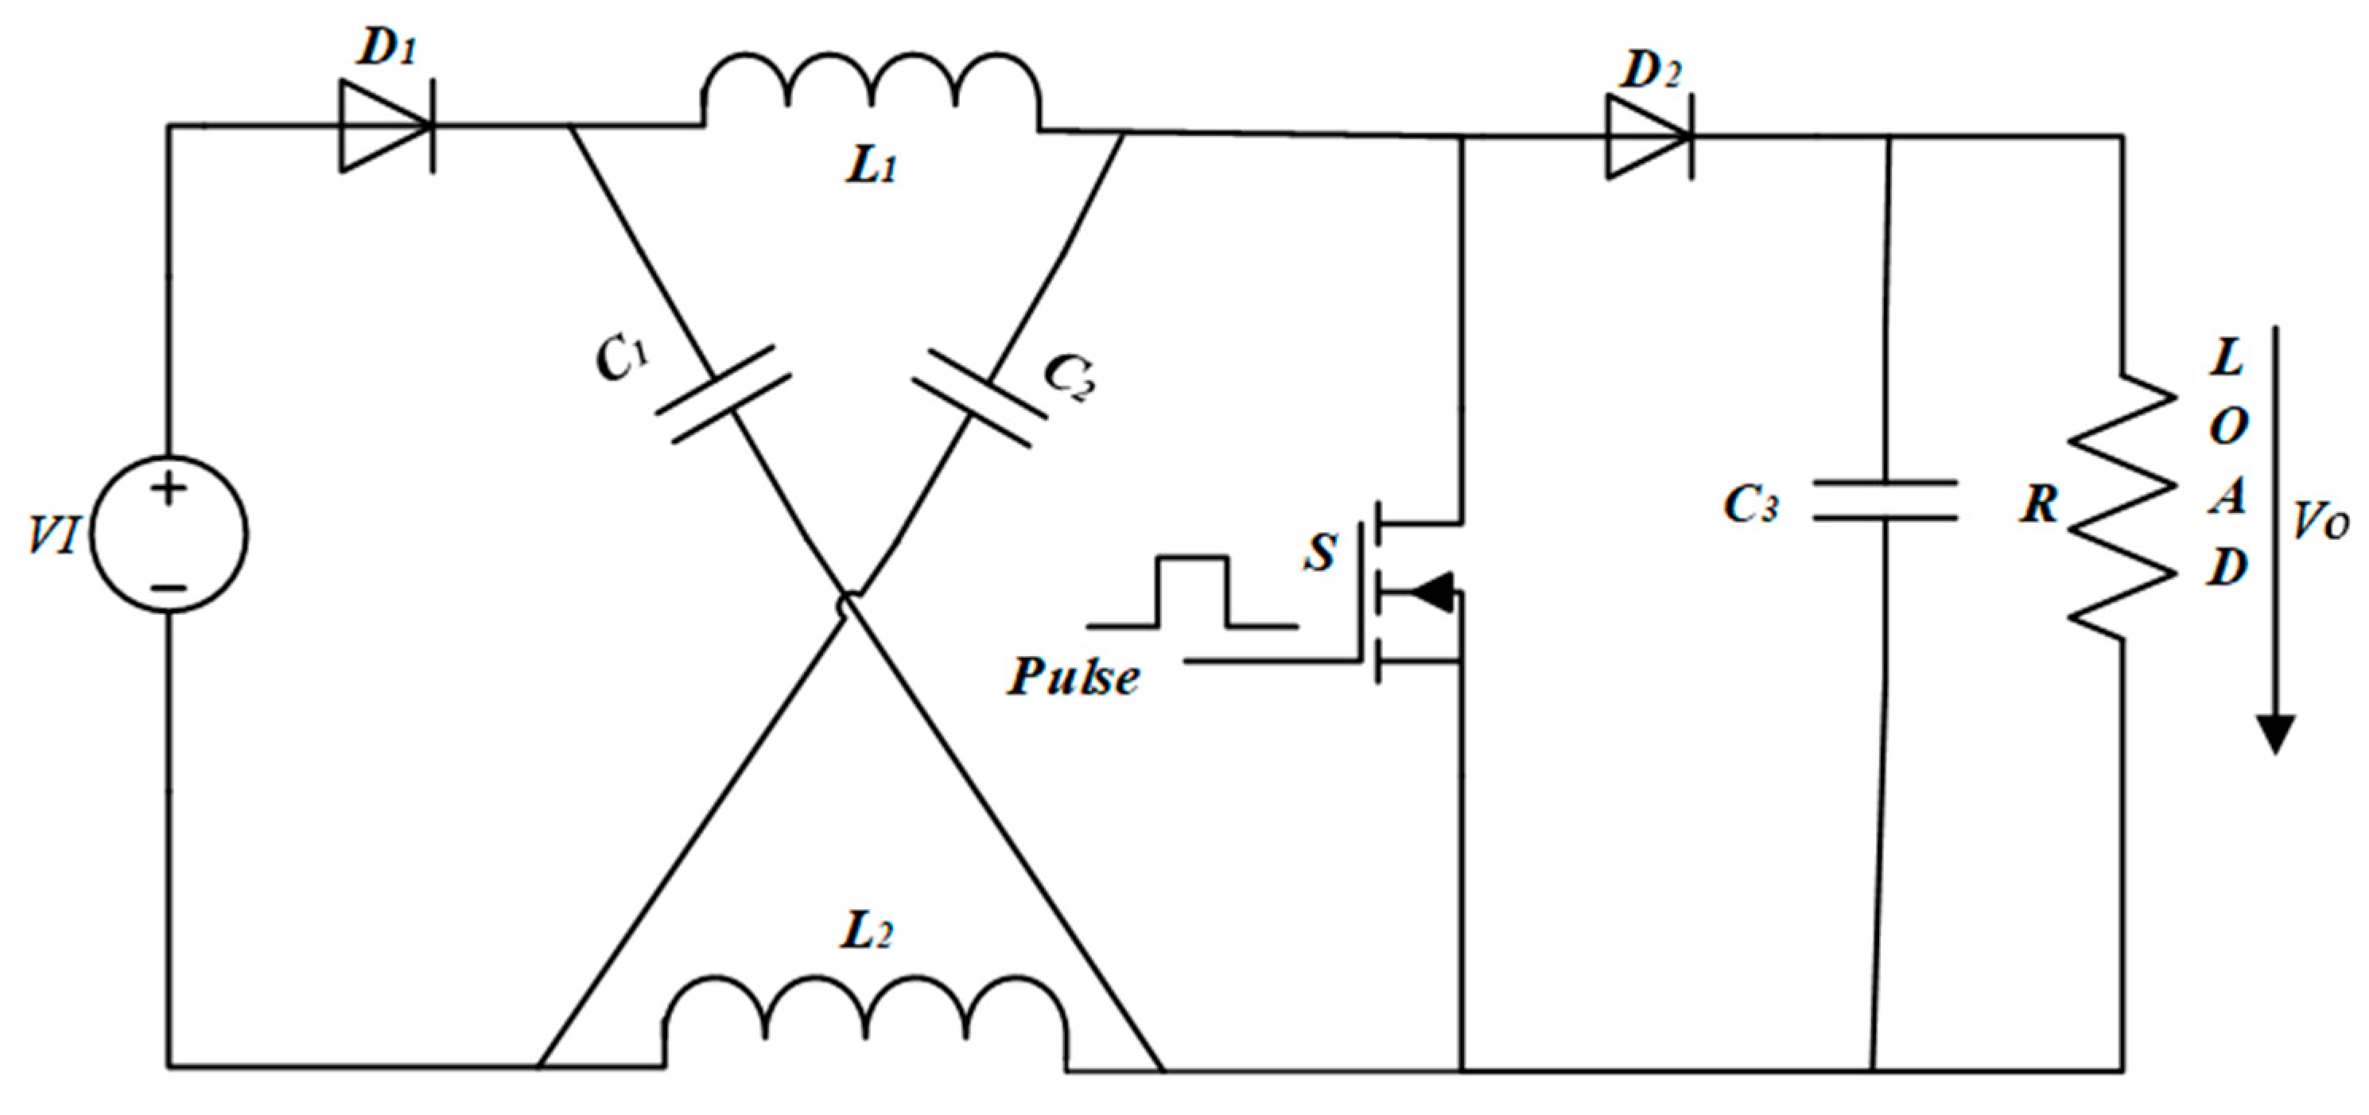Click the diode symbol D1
click(386, 126)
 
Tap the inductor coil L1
click(871, 92)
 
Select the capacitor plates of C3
click(1885, 500)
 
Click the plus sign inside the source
click(169, 488)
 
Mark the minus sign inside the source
click(169, 587)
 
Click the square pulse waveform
click(1192, 592)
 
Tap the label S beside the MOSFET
click(1322, 552)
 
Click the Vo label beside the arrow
click(2320, 523)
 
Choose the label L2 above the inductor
click(865, 933)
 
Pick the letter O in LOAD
click(2227, 426)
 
